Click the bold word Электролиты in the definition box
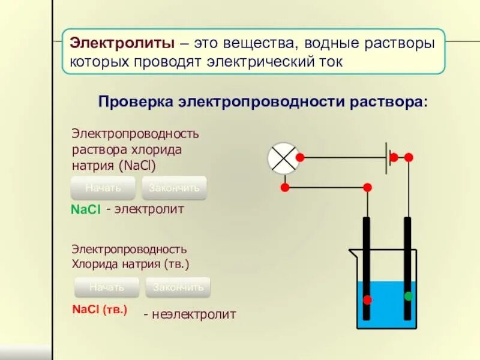tap(122, 43)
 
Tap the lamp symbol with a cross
tap(283, 158)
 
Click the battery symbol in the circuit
tap(387, 158)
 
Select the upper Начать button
tap(103, 188)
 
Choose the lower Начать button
tap(107, 287)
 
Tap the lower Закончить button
tap(178, 287)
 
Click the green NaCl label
tap(85, 210)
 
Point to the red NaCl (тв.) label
tap(100, 310)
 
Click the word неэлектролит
tap(190, 314)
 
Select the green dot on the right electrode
tap(409, 296)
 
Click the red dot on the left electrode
tap(367, 299)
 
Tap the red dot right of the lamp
tap(300, 158)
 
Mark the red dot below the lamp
tap(285, 188)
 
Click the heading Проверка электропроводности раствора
tap(263, 102)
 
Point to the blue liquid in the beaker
tap(388, 306)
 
